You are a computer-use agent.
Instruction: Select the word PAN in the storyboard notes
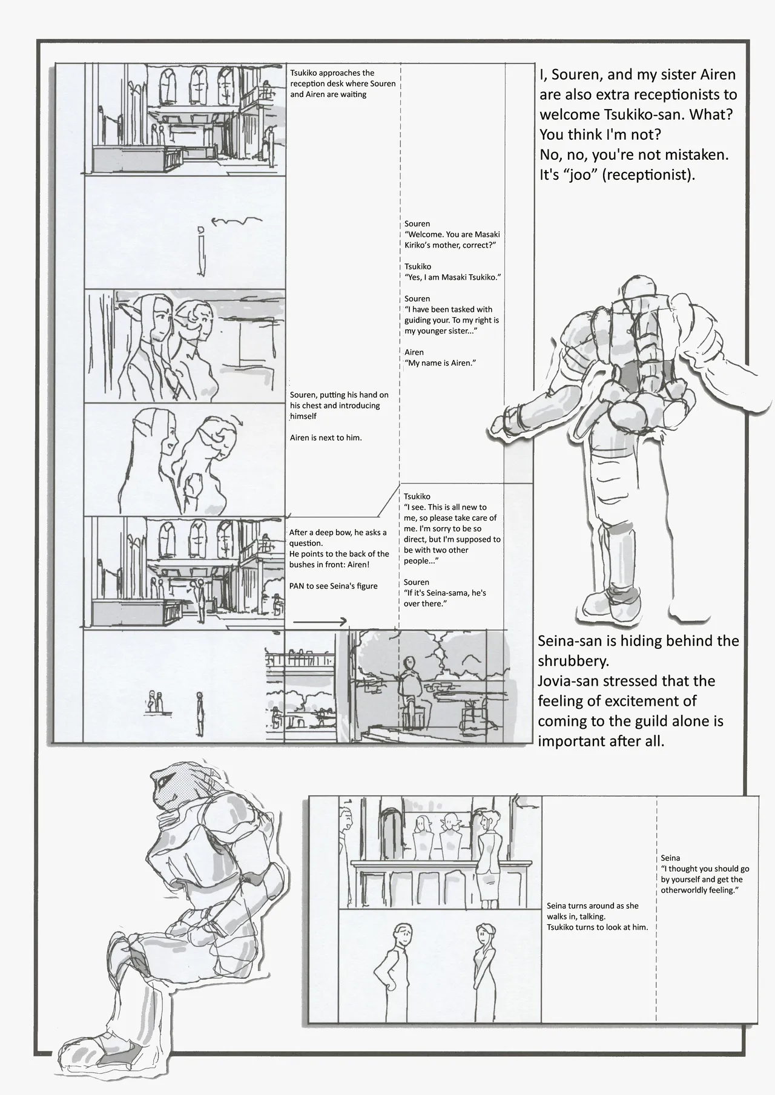click(x=297, y=585)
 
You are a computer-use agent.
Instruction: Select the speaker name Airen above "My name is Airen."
click(x=414, y=352)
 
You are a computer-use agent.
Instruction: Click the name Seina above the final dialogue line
click(x=670, y=858)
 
